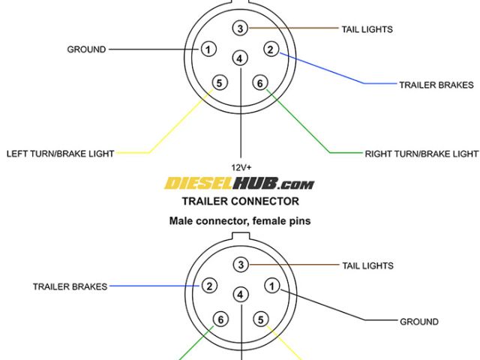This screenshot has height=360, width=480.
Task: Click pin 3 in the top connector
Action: (240, 28)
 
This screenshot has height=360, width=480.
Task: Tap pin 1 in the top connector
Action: (208, 50)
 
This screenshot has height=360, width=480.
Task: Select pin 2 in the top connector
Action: (271, 50)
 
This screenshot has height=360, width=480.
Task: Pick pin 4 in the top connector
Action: (240, 58)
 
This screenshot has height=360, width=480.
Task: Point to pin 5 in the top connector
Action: (219, 82)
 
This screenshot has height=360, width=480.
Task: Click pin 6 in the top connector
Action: (260, 82)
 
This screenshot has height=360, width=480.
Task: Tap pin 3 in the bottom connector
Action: (240, 265)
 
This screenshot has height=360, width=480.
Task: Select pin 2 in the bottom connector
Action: (211, 286)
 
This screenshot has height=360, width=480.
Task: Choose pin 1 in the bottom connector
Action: (271, 286)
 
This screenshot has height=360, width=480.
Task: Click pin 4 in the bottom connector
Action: (240, 294)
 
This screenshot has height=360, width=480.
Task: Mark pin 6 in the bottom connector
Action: (220, 319)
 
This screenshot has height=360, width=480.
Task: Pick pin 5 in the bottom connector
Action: (261, 319)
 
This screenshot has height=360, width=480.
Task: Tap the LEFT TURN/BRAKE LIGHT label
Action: (61, 154)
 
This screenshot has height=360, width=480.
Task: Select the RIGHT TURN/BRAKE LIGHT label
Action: (421, 154)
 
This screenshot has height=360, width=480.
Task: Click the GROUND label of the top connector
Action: (86, 50)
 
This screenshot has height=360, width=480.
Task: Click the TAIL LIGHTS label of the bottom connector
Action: (367, 265)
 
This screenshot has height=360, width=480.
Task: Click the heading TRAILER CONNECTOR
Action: (240, 201)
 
